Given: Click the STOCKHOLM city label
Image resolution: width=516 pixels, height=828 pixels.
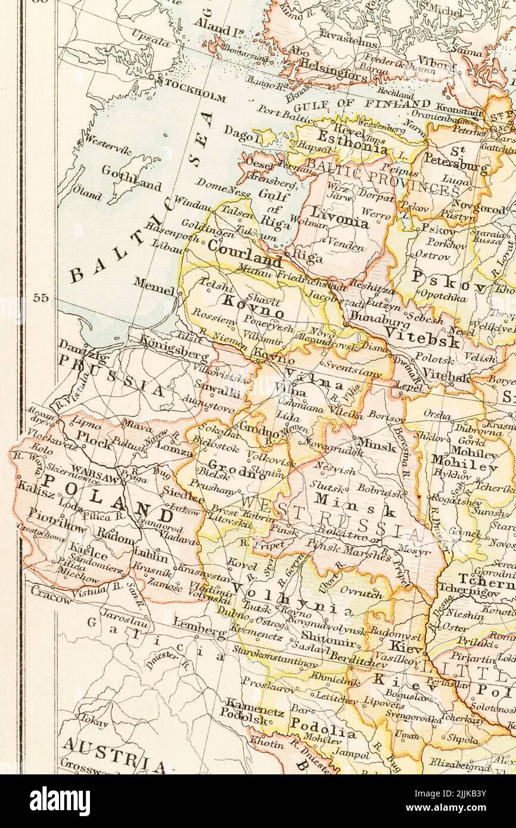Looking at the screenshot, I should click(x=192, y=95).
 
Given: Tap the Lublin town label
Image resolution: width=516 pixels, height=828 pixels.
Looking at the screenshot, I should click(x=151, y=552).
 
